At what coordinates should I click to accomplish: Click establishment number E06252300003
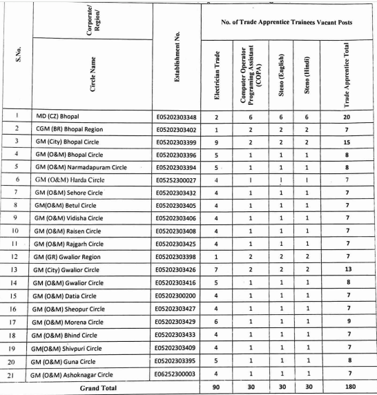click(176, 374)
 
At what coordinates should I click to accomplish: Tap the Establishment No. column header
click(176, 52)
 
